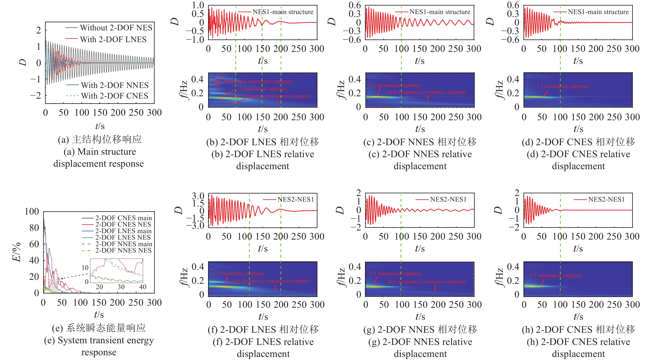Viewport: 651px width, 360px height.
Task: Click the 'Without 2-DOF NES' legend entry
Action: click(x=116, y=27)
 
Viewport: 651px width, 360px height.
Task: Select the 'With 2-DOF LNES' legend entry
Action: click(x=113, y=39)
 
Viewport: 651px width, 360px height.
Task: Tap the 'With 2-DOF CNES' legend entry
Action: click(x=114, y=96)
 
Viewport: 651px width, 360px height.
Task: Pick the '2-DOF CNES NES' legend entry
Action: click(x=123, y=224)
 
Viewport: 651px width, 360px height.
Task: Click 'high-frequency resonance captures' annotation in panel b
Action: click(x=252, y=81)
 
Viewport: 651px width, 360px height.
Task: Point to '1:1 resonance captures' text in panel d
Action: click(x=563, y=86)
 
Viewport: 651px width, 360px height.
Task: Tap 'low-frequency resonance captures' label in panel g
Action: click(x=427, y=282)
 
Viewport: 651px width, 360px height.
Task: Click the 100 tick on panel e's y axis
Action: click(x=32, y=211)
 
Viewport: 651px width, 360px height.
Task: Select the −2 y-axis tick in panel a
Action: click(x=36, y=95)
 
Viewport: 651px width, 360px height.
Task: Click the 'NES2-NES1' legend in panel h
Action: click(x=606, y=200)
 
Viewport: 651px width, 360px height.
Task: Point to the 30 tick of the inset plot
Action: click(x=121, y=287)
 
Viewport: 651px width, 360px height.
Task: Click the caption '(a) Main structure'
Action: click(x=100, y=152)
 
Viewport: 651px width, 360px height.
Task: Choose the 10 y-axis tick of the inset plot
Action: click(x=85, y=268)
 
